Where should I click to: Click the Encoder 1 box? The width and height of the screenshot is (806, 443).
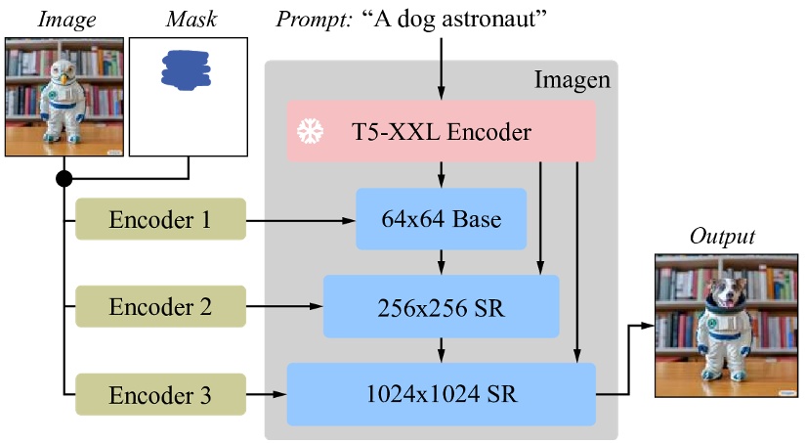click(160, 220)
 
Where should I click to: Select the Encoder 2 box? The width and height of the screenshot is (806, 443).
click(160, 306)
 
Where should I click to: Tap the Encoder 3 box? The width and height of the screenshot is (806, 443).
click(160, 394)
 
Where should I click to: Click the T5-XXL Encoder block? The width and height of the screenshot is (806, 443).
click(441, 131)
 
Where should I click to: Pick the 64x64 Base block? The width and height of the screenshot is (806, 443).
click(441, 219)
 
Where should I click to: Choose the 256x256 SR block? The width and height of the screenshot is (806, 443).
click(441, 306)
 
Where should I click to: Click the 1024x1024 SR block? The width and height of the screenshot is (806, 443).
click(441, 394)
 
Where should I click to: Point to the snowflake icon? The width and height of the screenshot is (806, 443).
click(310, 131)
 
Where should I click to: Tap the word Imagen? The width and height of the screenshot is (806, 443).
click(572, 80)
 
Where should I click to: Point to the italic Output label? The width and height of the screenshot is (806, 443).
click(724, 237)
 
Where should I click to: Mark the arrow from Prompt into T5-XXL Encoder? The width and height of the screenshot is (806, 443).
click(442, 68)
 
